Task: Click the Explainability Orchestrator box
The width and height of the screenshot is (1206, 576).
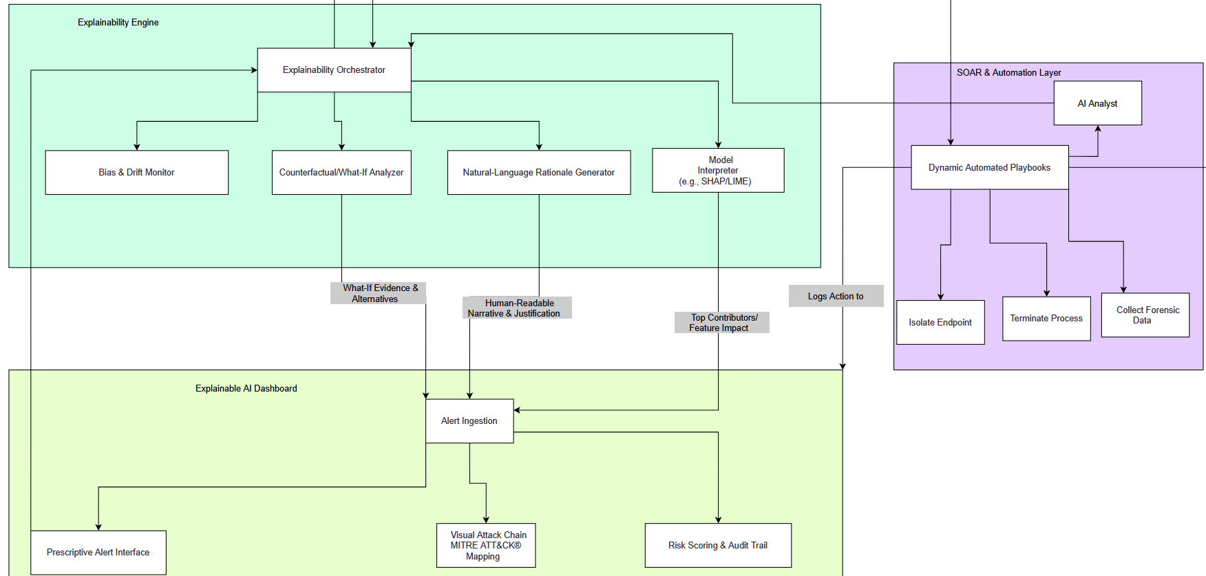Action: tap(334, 70)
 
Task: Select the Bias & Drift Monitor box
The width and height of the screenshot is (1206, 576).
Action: tap(136, 173)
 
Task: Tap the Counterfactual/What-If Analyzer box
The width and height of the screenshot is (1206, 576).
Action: tap(341, 173)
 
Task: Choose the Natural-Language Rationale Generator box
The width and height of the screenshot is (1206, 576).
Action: tap(538, 173)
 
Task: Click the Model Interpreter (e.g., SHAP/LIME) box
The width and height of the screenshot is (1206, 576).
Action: tap(718, 171)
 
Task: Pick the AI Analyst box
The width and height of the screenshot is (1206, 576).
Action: tap(1097, 103)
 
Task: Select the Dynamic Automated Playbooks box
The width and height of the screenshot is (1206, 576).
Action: tap(989, 167)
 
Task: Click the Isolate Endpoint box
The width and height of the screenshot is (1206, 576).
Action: tap(940, 322)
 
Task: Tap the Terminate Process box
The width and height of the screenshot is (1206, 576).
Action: tap(1046, 319)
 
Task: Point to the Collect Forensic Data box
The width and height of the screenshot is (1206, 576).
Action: tap(1145, 315)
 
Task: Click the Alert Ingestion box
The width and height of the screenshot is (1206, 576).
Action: tap(469, 421)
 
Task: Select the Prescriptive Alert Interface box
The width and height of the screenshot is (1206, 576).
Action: tap(98, 553)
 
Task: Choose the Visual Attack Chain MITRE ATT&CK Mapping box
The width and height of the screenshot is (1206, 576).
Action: tap(486, 546)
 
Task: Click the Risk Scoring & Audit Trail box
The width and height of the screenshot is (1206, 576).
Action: tap(718, 546)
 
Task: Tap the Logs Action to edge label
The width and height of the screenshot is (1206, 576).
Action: tap(836, 297)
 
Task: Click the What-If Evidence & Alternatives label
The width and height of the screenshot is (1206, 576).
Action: tap(378, 293)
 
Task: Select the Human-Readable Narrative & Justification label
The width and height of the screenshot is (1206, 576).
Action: tap(517, 308)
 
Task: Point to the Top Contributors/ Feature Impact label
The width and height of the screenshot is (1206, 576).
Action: tap(721, 323)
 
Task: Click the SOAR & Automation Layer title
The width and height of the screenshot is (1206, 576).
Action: tap(1008, 73)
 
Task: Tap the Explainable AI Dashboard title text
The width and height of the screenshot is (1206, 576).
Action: tap(246, 389)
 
